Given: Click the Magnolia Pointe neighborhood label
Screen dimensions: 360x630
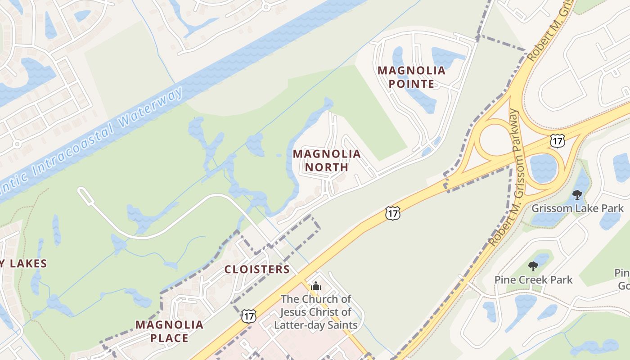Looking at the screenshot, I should (411, 77).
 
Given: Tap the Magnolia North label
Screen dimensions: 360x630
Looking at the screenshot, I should (327, 161).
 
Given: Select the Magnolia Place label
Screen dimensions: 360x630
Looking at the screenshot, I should (169, 331).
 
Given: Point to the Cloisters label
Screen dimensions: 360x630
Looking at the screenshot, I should (257, 270).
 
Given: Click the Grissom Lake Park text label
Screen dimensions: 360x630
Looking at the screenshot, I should (577, 208).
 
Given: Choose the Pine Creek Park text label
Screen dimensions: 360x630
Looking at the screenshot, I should (533, 280).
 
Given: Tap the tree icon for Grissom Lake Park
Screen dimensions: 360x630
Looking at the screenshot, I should (577, 195).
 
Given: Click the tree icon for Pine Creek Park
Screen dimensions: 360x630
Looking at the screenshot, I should (533, 266).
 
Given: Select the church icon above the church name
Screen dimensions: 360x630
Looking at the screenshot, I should (316, 286).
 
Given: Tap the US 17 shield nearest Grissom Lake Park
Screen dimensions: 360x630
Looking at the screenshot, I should (558, 141).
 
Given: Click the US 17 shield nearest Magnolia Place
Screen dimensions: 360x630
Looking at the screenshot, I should (248, 316).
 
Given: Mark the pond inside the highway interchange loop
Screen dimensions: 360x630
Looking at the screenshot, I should (544, 168).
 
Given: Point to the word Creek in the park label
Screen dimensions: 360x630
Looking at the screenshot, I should (535, 280).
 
